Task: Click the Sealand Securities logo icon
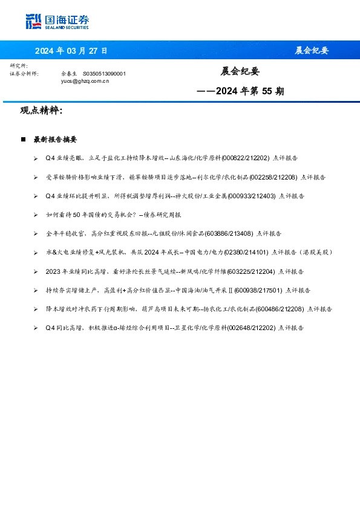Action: (34, 21)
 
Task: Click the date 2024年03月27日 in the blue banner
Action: (71, 50)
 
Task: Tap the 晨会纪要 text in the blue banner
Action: (311, 50)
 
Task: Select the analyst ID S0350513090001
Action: (104, 73)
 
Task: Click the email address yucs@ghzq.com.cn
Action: (85, 80)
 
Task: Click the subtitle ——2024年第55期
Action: (240, 92)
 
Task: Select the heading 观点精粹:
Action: (41, 111)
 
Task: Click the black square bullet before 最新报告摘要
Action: (23, 139)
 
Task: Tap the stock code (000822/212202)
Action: (246, 158)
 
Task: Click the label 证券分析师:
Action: (24, 73)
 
